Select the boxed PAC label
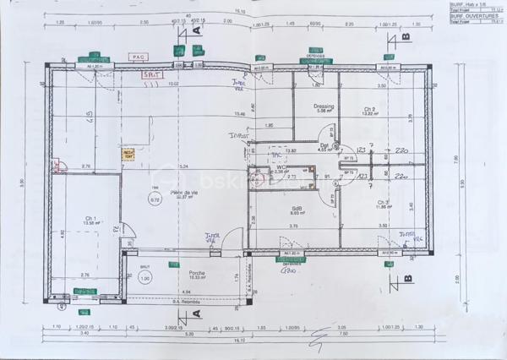click(138, 57)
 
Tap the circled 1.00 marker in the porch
click(144, 278)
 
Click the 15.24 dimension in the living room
click(183, 167)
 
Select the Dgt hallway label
click(324, 145)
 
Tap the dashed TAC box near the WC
click(275, 155)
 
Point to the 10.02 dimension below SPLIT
click(173, 85)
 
